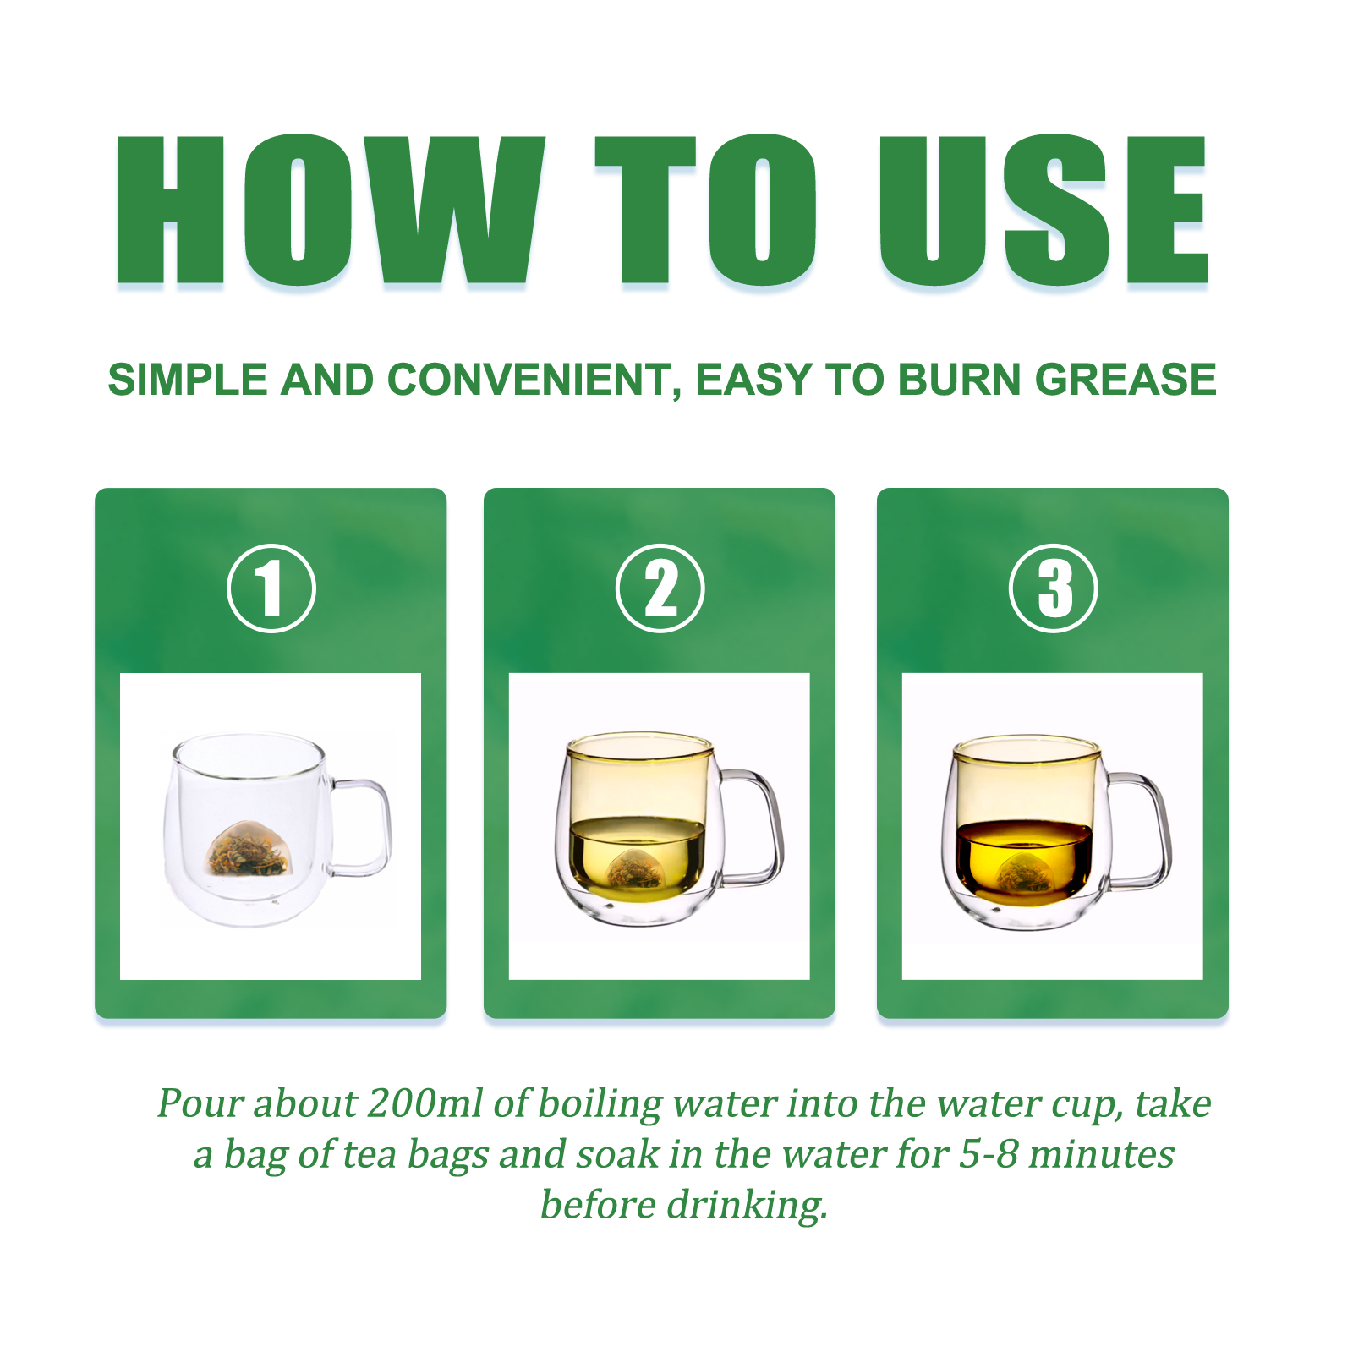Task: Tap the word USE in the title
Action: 1044,210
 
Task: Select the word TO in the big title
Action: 706,210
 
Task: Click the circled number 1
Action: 271,588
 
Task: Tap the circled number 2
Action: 660,588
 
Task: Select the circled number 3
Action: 1054,588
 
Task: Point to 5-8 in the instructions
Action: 989,1155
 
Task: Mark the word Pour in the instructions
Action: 200,1104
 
